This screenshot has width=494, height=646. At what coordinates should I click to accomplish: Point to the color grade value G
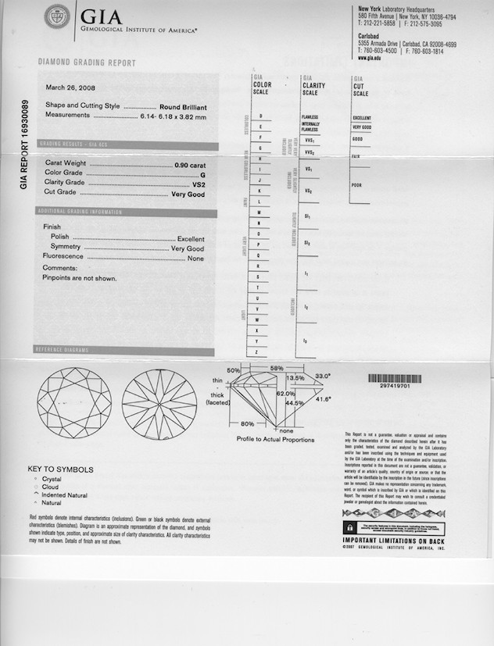(202, 173)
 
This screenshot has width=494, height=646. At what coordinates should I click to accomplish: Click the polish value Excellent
(191, 238)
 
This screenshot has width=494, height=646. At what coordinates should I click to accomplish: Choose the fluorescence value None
(195, 258)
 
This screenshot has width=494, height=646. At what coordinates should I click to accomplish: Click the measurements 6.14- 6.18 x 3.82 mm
(173, 116)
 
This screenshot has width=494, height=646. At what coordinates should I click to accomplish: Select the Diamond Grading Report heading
(87, 63)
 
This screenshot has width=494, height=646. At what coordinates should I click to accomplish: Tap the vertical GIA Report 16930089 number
(24, 145)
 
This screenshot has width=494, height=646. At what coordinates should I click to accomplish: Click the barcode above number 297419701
(399, 378)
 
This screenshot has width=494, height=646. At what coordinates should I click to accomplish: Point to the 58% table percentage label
(276, 367)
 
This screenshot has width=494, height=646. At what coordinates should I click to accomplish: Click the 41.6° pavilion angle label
(323, 399)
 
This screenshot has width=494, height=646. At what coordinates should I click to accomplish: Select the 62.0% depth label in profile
(285, 394)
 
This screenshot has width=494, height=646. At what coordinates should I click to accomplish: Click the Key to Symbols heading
(60, 469)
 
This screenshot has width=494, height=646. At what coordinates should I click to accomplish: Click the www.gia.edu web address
(371, 58)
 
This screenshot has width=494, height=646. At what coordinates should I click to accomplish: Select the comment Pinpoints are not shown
(79, 277)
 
